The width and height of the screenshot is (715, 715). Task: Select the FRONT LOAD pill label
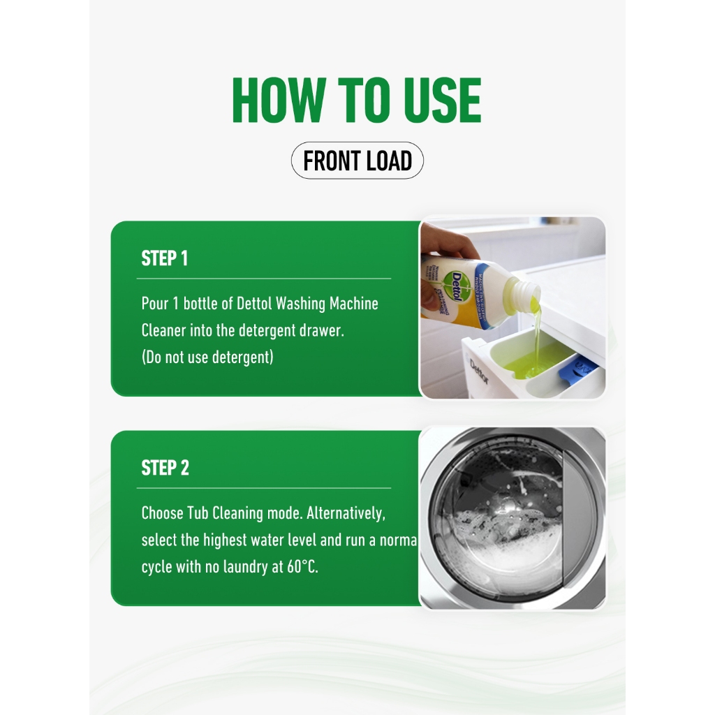click(357, 161)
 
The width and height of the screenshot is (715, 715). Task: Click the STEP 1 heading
click(164, 258)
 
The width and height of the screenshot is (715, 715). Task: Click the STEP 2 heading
click(165, 468)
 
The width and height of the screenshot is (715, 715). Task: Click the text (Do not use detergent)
click(207, 357)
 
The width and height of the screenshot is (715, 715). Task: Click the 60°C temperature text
click(302, 567)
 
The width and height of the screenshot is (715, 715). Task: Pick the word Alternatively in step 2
click(346, 513)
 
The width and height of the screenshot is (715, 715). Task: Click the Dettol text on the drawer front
click(479, 371)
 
